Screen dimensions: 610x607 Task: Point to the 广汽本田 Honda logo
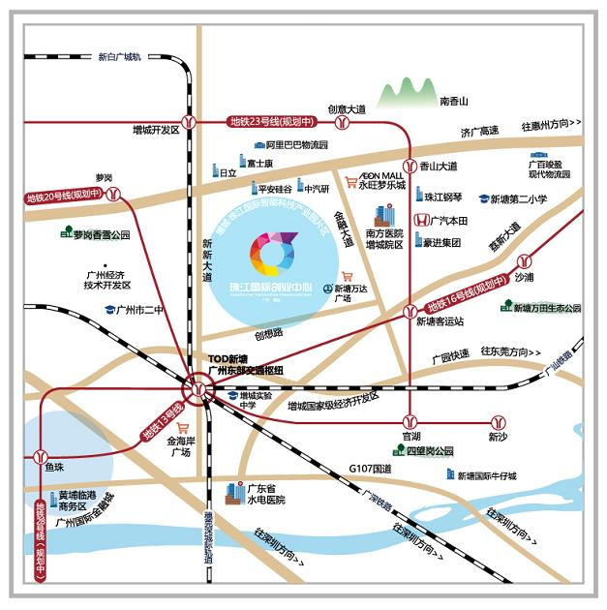coord(421,221)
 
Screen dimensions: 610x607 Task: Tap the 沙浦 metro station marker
coord(524,260)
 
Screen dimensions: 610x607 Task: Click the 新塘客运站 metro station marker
coord(410,311)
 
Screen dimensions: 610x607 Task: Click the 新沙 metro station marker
coord(498,422)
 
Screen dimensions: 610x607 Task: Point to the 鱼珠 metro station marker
coord(40,454)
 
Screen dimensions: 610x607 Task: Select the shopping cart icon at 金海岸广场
coord(180,427)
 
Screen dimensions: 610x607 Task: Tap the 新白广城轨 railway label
coord(119,57)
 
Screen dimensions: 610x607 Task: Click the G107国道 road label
coord(370,469)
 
